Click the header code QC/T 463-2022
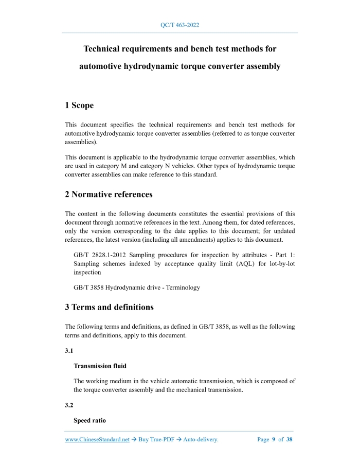(180, 25)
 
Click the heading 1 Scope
(79, 105)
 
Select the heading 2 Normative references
(109, 194)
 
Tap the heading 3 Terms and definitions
(109, 308)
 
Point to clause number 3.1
(69, 351)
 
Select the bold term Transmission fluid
(100, 366)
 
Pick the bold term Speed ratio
(89, 421)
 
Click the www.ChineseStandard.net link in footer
(97, 440)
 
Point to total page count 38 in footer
(289, 440)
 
